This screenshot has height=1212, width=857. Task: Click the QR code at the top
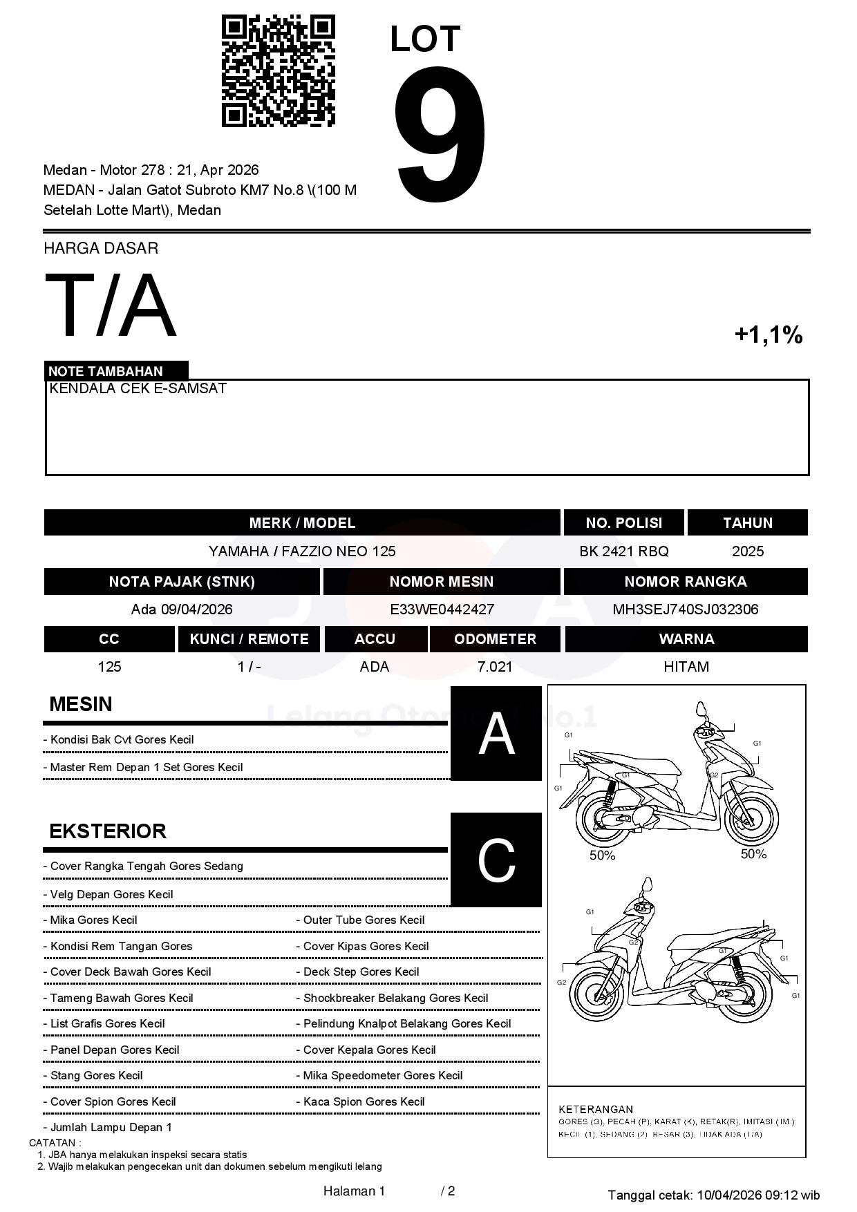[x=278, y=71]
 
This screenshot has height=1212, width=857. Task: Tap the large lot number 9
[x=440, y=135]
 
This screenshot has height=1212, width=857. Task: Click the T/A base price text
[x=111, y=305]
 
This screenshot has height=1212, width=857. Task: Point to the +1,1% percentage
[x=768, y=335]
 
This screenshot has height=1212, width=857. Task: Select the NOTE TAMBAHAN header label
[x=106, y=371]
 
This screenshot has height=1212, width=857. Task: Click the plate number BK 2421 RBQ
[x=624, y=551]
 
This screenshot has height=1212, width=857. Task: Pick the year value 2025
[x=748, y=551]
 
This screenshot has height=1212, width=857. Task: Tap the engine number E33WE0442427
[x=442, y=609]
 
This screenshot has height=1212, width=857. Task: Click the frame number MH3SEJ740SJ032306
[x=685, y=609]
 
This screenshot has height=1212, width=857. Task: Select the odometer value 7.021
[x=495, y=667]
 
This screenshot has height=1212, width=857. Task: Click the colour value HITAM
[x=686, y=667]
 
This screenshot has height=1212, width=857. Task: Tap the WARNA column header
[x=686, y=639]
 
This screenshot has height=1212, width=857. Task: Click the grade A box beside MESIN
[x=496, y=734]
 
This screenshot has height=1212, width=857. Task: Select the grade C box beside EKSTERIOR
[x=496, y=860]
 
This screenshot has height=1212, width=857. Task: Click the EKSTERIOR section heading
[x=108, y=831]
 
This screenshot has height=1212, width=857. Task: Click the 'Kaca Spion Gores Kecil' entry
[x=364, y=1101]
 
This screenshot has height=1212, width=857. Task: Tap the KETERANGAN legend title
[x=596, y=1109]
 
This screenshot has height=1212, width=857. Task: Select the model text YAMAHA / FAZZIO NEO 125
[x=302, y=551]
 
